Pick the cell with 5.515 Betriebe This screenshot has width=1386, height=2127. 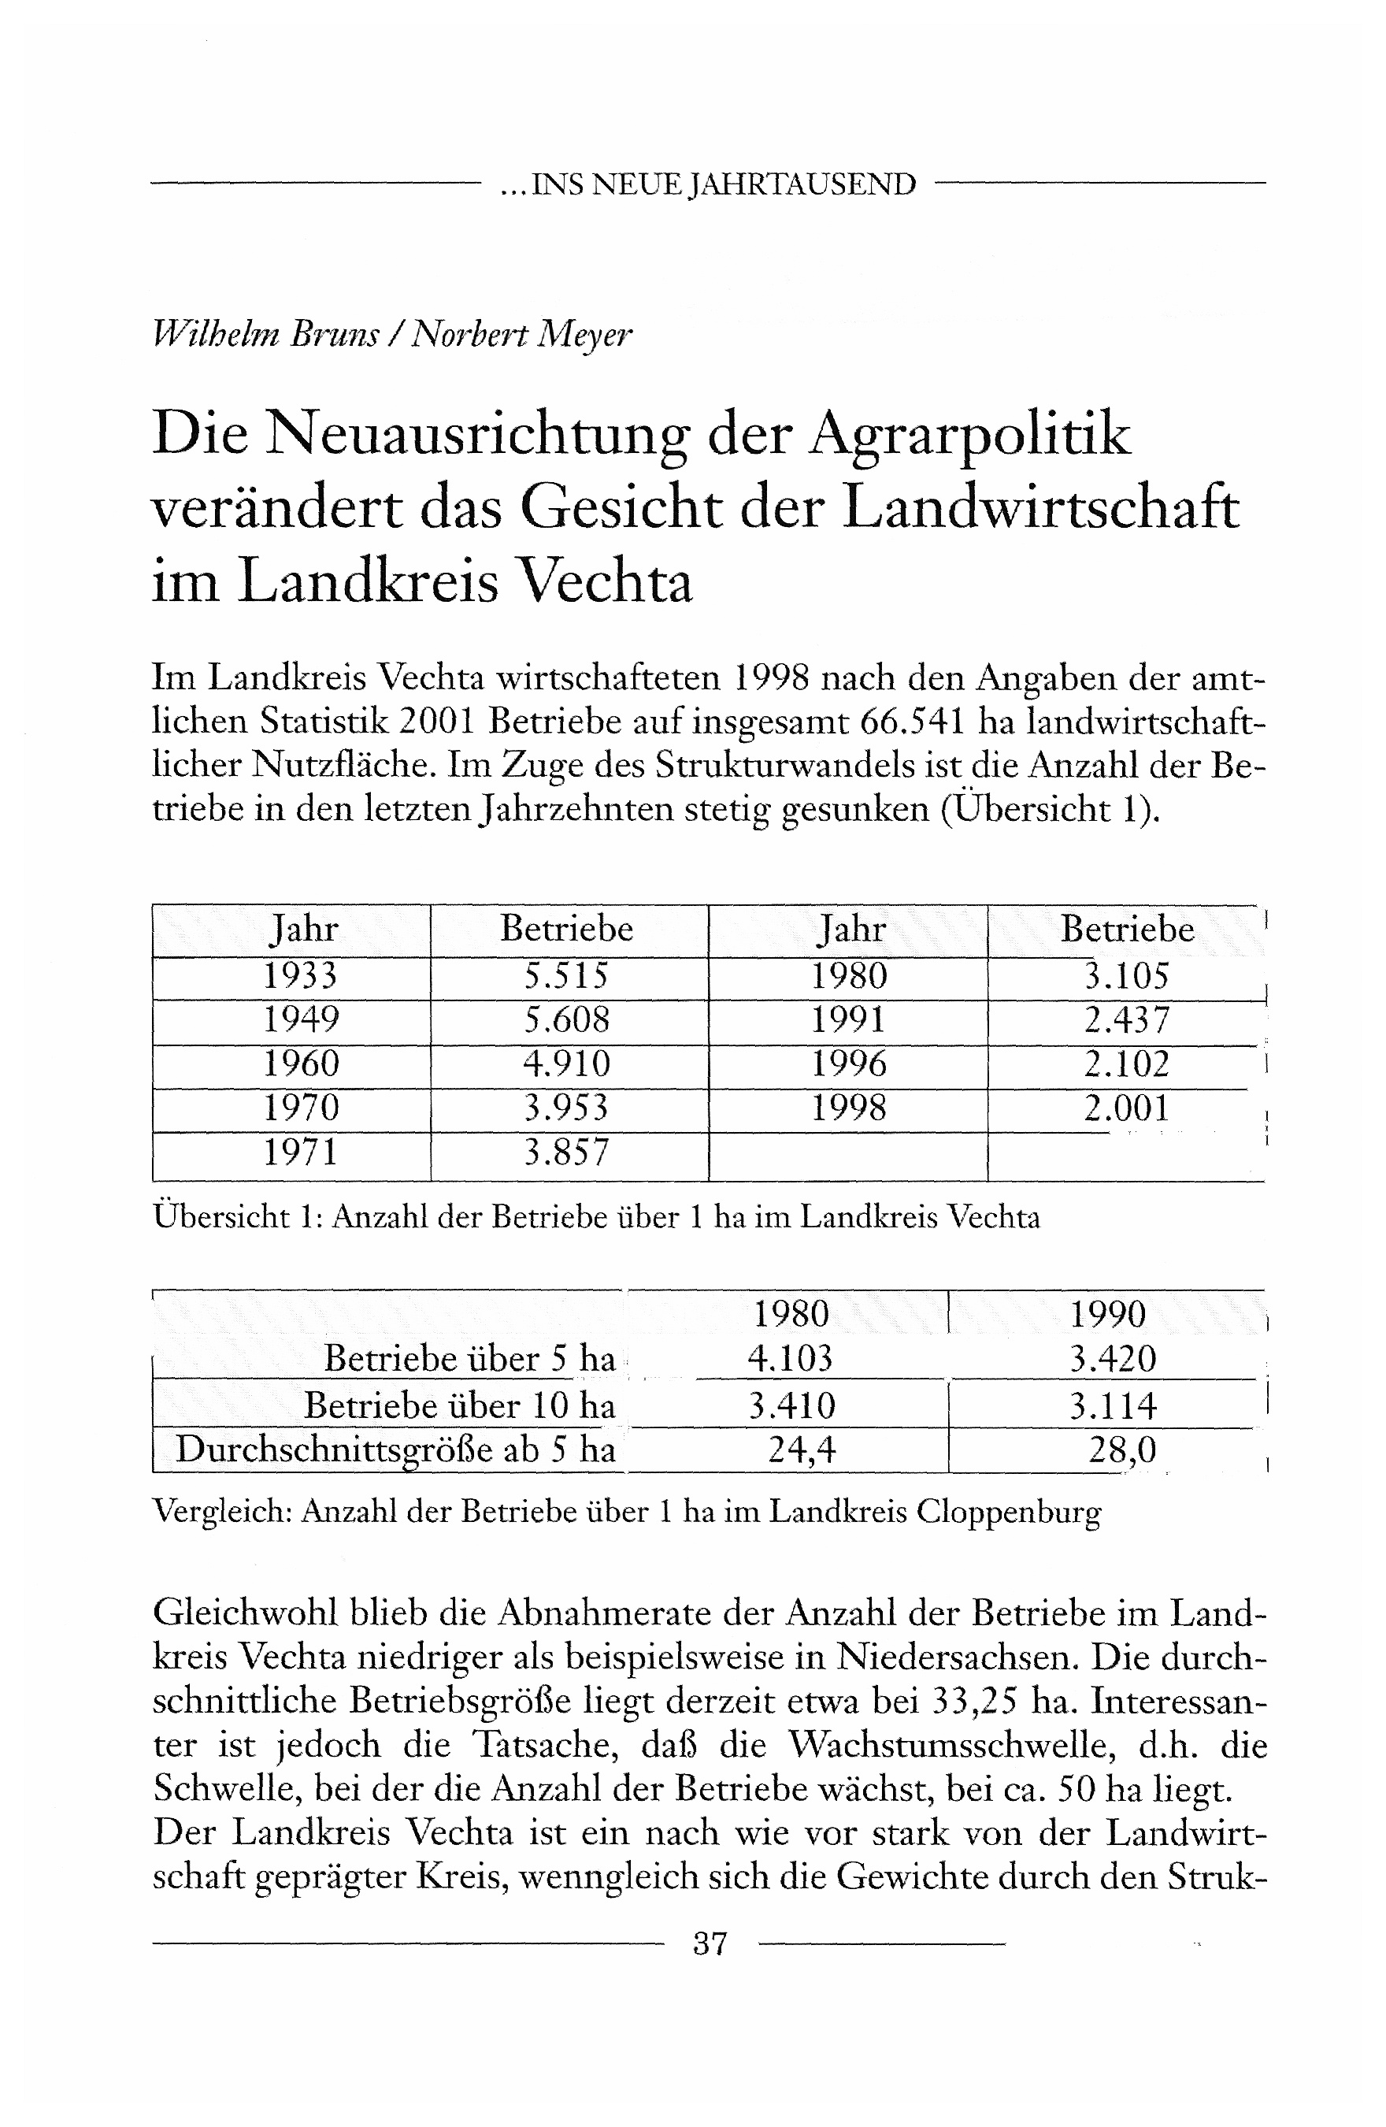566,976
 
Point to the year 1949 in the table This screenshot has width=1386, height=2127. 301,1019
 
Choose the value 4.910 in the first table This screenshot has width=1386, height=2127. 566,1063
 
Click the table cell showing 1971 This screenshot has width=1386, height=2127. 301,1152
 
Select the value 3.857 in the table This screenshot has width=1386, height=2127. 566,1152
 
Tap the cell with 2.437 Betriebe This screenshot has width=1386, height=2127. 1126,1019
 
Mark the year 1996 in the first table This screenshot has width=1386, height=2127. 849,1063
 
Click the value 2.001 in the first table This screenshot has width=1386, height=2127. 1126,1108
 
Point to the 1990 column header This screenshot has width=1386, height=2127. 1107,1314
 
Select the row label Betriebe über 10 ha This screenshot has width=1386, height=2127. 459,1405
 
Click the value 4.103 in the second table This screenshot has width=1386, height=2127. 790,1358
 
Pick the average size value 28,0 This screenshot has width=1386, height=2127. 1121,1450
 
